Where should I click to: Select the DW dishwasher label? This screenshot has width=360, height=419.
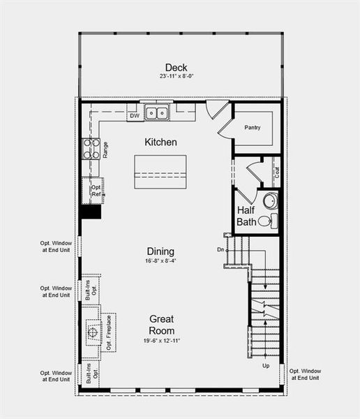[x=135, y=115]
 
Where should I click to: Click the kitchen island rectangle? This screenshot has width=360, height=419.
[x=161, y=170]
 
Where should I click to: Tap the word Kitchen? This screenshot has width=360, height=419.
[x=160, y=142]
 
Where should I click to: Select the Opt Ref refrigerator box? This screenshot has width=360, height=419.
[x=96, y=191]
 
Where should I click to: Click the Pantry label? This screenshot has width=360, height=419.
[x=252, y=128]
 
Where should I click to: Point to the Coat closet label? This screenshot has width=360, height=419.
[x=277, y=172]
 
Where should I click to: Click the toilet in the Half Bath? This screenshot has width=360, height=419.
[x=267, y=221]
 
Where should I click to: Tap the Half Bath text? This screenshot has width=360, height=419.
[x=247, y=216]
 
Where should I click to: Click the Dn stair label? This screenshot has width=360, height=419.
[x=220, y=249]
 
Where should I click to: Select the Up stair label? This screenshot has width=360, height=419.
[x=266, y=365]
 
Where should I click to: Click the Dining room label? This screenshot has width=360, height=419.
[x=160, y=251]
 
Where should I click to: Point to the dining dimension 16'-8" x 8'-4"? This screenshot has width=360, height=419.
[x=160, y=262]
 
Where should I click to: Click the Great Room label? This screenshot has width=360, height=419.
[x=161, y=324]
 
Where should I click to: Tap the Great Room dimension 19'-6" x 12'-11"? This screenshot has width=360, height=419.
[x=161, y=341]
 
